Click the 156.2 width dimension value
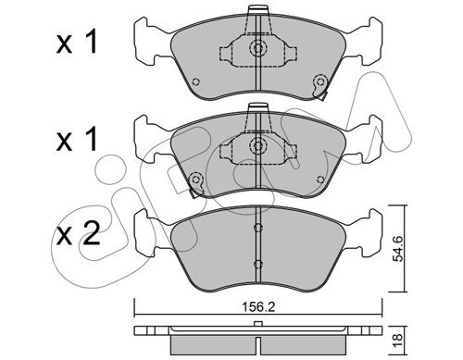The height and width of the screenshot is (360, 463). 258,307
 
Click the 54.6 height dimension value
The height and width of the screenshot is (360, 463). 398,249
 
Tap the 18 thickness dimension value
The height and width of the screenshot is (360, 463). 398,337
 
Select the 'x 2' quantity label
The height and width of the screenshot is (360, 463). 79,234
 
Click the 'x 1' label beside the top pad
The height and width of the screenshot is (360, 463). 77,42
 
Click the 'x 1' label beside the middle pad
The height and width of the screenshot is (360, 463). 77,139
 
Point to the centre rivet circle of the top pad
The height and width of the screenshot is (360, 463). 257,47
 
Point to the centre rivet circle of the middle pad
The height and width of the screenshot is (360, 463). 257,144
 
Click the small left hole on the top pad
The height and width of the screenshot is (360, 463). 195,81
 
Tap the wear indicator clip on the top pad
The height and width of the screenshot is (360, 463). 320,86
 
